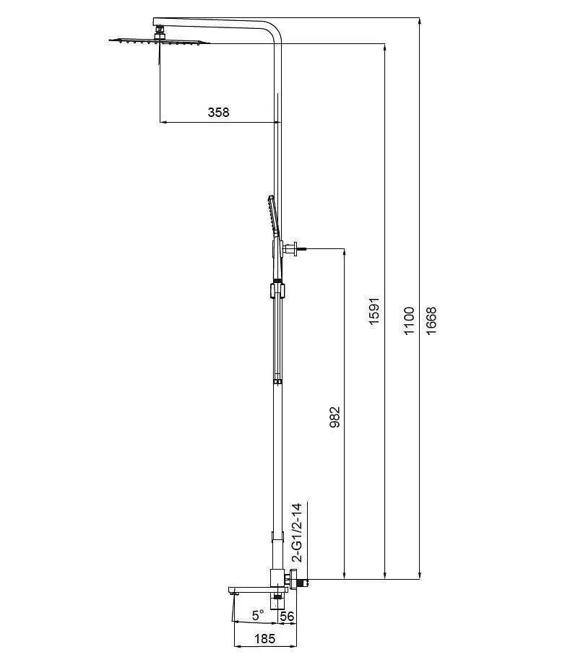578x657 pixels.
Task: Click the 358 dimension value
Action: (x=218, y=113)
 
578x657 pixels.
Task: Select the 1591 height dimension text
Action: (x=374, y=311)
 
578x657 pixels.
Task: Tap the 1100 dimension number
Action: (x=409, y=321)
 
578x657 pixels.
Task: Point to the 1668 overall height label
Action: (x=431, y=321)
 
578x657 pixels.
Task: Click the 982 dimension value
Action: (x=335, y=417)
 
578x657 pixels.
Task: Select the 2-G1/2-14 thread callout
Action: (x=297, y=533)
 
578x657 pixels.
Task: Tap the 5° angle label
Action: (x=258, y=615)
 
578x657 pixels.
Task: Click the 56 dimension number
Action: (x=287, y=616)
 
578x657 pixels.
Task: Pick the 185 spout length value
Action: (x=264, y=638)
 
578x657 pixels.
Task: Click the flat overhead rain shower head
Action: (x=160, y=41)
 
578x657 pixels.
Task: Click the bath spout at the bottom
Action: (x=256, y=590)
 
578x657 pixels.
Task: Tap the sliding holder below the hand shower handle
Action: (x=277, y=290)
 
